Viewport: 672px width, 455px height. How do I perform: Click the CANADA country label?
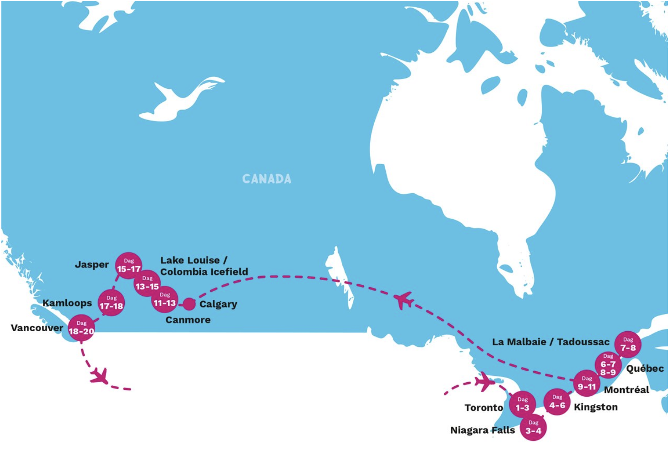[x=267, y=179]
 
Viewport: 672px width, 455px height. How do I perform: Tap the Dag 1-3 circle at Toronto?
[x=522, y=404]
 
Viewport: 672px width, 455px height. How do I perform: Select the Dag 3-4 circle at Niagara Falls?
[x=533, y=427]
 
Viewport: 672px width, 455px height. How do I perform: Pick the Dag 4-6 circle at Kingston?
[x=557, y=402]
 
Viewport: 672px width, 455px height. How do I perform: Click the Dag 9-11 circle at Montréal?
[x=586, y=383]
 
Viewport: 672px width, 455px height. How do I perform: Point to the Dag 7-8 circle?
[x=628, y=344]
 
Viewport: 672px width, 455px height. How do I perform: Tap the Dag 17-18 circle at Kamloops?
[x=111, y=303]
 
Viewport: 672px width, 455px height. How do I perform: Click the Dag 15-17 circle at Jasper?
[x=128, y=266]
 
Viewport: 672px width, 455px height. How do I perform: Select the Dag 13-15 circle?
[x=147, y=283]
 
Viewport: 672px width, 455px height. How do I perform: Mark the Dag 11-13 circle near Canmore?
[x=164, y=299]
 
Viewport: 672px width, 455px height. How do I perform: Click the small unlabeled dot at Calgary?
[x=188, y=304]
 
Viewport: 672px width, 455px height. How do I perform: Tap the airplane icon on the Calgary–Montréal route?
[x=403, y=300]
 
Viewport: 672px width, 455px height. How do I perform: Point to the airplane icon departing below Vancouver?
[x=100, y=376]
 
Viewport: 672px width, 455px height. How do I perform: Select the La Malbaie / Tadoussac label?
[x=550, y=342]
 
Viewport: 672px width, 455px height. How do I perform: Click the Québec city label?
[x=645, y=369]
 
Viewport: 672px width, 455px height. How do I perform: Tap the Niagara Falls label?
[x=482, y=430]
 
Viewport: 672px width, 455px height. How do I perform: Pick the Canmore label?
[x=188, y=320]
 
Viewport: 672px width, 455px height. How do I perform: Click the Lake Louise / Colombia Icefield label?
[x=204, y=266]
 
